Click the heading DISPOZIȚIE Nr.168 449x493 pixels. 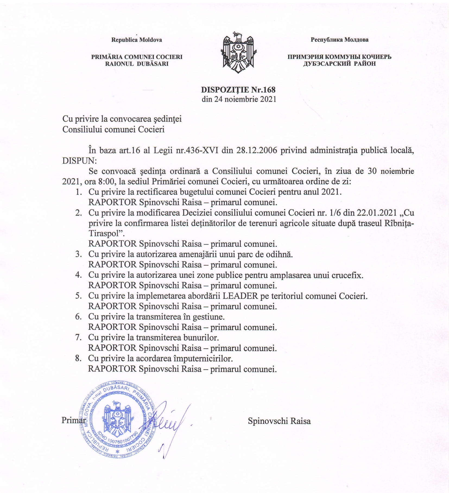click(x=238, y=90)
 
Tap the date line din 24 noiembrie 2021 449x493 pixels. click(x=239, y=99)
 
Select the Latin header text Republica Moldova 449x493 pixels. click(x=137, y=40)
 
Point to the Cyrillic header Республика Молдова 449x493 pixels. click(x=340, y=40)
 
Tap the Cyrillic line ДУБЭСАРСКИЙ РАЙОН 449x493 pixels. click(x=340, y=64)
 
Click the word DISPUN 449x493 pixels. click(x=79, y=161)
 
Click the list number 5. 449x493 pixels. click(x=78, y=296)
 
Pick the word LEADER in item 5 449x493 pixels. click(x=240, y=296)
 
